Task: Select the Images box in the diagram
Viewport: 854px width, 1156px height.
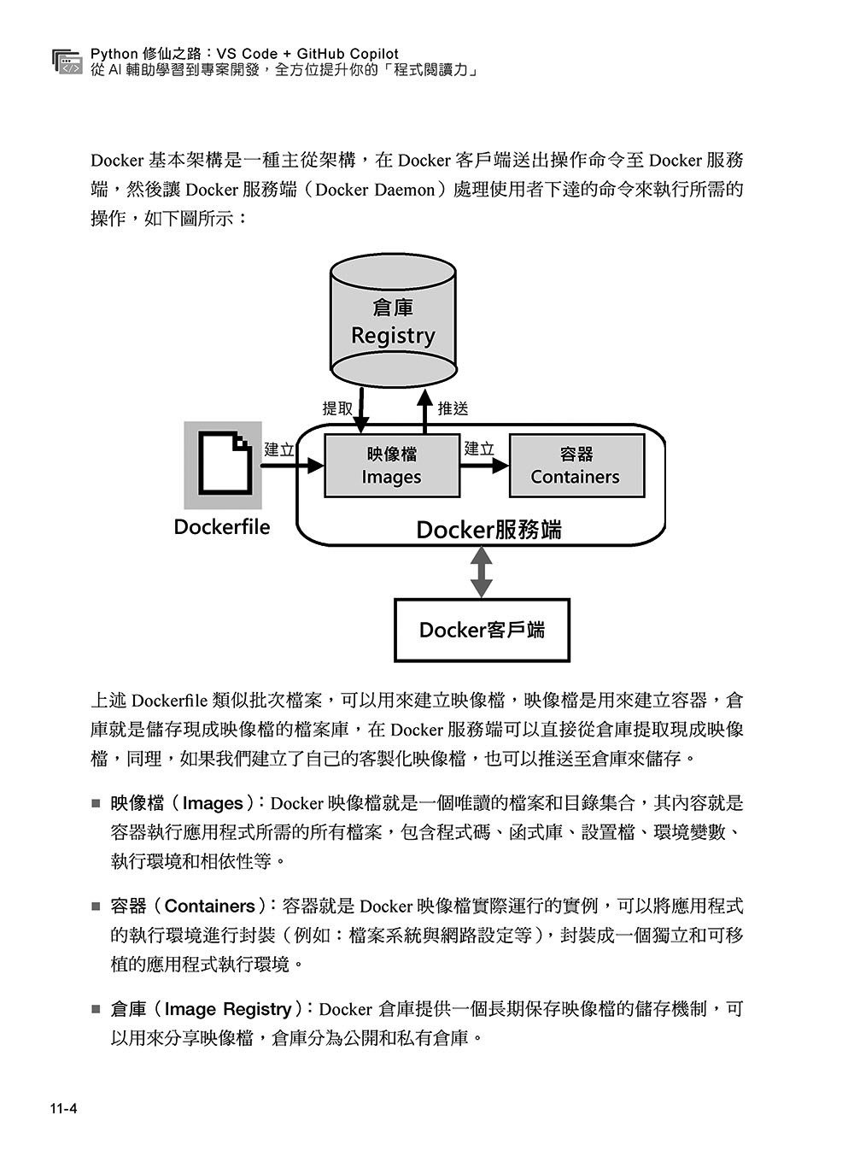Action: point(392,466)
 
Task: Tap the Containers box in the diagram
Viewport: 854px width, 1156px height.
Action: point(576,466)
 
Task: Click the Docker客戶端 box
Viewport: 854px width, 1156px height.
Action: point(482,631)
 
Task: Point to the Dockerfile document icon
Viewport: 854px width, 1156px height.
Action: point(224,464)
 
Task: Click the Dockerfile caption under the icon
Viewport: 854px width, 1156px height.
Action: point(221,526)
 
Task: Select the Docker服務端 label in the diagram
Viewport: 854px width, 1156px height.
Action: point(488,530)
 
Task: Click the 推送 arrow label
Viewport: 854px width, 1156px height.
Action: point(453,408)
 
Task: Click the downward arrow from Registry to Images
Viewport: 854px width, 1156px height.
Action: point(362,411)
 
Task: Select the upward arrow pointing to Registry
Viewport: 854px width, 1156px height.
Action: point(425,411)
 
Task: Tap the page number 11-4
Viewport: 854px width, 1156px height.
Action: point(63,1109)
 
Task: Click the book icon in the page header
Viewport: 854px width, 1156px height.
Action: point(66,62)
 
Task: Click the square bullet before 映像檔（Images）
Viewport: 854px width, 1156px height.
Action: point(96,803)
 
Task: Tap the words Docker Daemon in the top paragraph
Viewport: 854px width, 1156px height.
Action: point(376,190)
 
